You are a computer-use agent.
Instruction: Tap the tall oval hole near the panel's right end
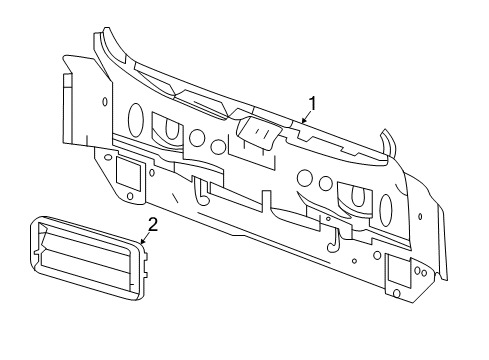point(387,206)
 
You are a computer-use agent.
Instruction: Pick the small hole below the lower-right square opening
point(397,294)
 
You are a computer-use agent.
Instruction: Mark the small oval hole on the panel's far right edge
point(421,216)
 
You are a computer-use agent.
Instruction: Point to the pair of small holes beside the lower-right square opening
point(422,272)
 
